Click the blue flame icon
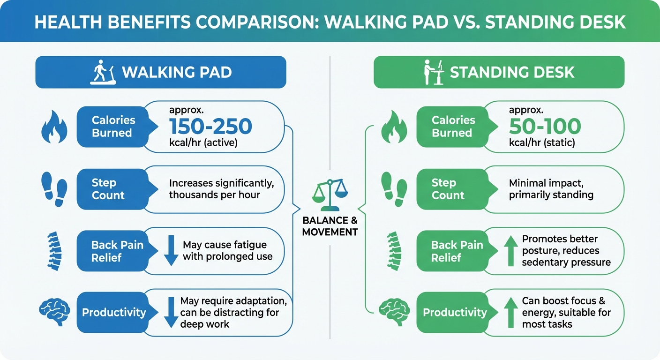[54, 127]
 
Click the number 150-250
[210, 126]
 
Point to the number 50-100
[545, 126]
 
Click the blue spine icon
[54, 251]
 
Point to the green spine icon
[394, 251]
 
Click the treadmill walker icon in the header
[103, 73]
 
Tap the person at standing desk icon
[433, 73]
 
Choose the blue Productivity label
[114, 313]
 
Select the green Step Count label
[448, 189]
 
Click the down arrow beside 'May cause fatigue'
[171, 251]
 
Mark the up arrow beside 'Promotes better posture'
[509, 251]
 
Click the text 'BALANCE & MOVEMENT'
[330, 226]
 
